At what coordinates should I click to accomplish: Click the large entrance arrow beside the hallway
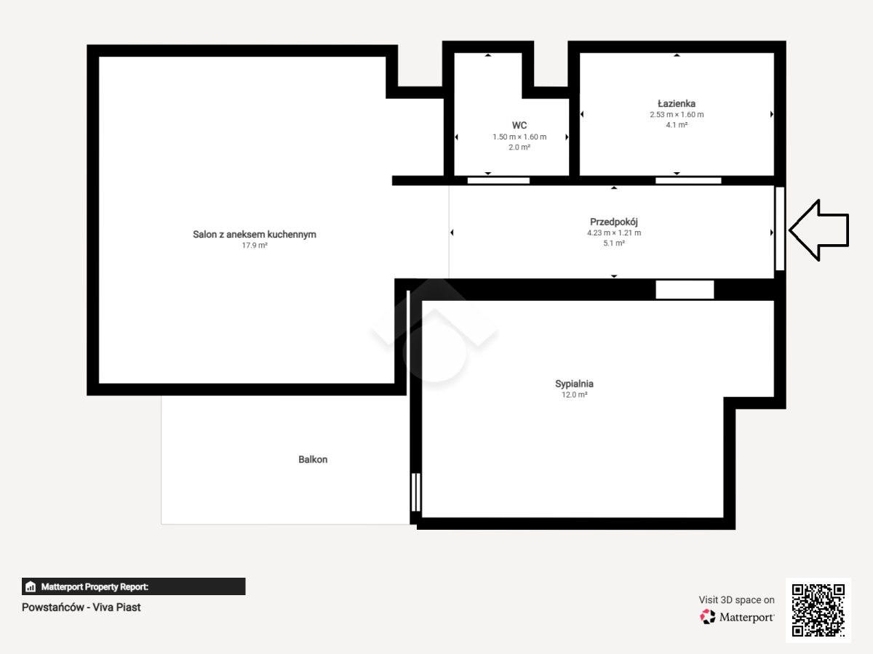click(x=819, y=230)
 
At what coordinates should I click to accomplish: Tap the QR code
click(x=818, y=610)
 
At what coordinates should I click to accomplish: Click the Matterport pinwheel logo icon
click(x=708, y=617)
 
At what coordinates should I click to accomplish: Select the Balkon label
click(x=313, y=459)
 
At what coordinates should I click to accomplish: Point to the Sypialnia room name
click(x=574, y=384)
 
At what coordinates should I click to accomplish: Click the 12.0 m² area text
click(x=574, y=395)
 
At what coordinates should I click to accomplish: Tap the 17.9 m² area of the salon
click(x=255, y=246)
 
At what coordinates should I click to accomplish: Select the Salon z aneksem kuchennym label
click(x=255, y=234)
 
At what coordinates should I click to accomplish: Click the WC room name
click(x=519, y=125)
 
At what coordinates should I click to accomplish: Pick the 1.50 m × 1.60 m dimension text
click(x=519, y=137)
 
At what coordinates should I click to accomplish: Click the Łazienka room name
click(x=677, y=103)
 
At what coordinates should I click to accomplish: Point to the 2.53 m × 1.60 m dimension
click(x=677, y=114)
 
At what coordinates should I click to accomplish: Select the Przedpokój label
click(x=614, y=222)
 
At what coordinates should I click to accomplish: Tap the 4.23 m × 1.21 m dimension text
click(x=614, y=233)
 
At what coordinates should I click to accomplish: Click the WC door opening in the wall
click(x=498, y=181)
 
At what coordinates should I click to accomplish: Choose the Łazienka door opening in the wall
click(x=688, y=181)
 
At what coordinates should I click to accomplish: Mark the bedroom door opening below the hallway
click(x=685, y=289)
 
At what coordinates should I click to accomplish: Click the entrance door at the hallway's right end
click(x=780, y=229)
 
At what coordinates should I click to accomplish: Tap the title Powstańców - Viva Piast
click(x=81, y=607)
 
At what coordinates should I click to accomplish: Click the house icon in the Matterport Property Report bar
click(x=31, y=586)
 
